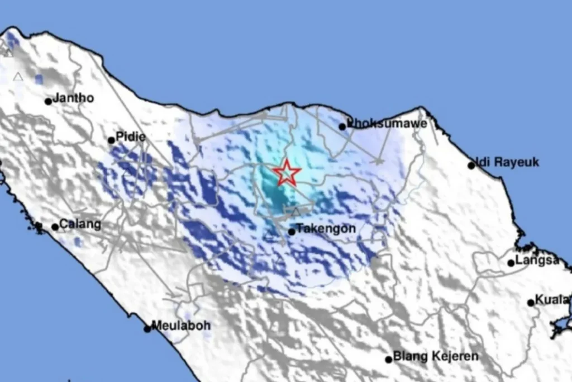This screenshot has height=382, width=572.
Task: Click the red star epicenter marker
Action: [x=287, y=173]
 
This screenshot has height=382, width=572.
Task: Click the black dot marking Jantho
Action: [x=49, y=101]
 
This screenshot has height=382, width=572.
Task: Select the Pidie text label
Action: [x=131, y=137]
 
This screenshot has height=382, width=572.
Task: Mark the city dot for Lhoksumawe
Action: [x=342, y=127]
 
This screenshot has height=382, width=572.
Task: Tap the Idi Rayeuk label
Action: [x=508, y=162]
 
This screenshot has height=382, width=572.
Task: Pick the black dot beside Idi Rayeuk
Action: [x=471, y=166]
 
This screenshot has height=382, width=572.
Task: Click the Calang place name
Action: [x=80, y=225]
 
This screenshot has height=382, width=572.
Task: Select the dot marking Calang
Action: [x=55, y=227]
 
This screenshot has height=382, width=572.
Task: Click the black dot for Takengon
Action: [x=292, y=232]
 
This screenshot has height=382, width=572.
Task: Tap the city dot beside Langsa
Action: [x=511, y=263]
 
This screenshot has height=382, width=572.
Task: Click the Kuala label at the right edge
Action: [x=552, y=300]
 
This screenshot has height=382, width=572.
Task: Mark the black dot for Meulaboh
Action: [x=147, y=329]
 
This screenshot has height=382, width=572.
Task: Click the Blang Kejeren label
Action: [x=436, y=356]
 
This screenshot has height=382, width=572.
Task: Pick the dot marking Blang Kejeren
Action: [x=388, y=359]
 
